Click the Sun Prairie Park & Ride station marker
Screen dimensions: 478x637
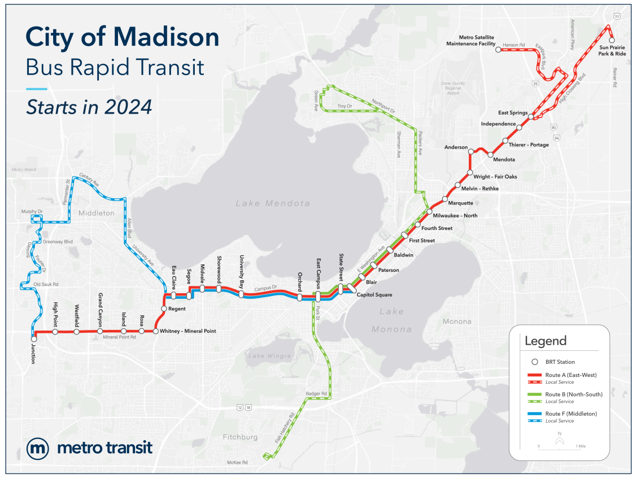612,41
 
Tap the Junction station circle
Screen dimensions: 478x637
34,339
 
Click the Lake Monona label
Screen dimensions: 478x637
391,320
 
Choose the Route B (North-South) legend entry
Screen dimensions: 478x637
574,394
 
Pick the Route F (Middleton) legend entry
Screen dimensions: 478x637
571,414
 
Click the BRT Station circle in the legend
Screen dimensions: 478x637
534,362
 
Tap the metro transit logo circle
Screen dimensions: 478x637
38,449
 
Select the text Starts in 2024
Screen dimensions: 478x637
89,106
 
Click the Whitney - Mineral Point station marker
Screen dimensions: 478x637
156,331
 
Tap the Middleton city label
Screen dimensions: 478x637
97,213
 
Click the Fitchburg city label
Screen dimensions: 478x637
241,437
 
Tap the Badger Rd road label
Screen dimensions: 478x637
317,393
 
